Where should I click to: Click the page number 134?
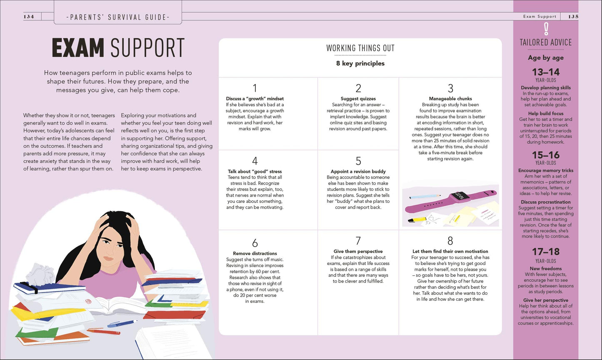29,17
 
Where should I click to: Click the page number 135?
573,17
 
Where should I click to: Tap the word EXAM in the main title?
78,47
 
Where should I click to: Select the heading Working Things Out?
360,48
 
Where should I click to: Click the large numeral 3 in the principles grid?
450,88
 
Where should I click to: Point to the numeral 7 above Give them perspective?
358,241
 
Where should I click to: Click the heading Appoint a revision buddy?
358,171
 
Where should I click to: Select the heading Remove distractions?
255,253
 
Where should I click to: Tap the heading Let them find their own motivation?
450,251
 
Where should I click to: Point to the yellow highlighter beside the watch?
417,220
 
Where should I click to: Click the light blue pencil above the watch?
425,196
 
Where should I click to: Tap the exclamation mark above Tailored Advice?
546,29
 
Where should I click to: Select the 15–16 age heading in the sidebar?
546,155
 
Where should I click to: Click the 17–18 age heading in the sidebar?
546,252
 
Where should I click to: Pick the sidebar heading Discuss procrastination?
546,202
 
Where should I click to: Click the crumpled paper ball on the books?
40,274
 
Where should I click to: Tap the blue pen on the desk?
122,324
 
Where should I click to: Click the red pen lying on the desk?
103,331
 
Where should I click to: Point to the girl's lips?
109,258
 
